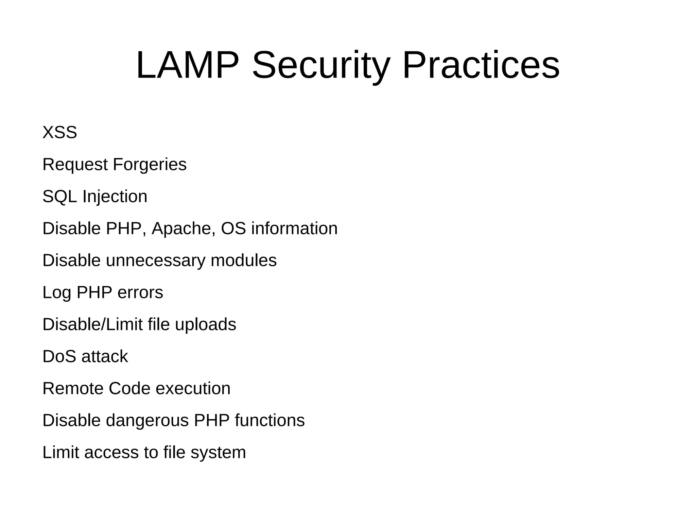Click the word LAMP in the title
tap(187, 65)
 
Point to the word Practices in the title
tap(481, 65)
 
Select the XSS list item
tap(60, 132)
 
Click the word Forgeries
tap(150, 165)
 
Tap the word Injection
tap(115, 197)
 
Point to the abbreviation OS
tap(233, 229)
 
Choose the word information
tap(294, 229)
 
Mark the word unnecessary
tap(156, 260)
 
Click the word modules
tap(244, 260)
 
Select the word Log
tap(57, 293)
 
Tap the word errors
tap(140, 293)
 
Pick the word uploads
tap(206, 325)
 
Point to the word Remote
tap(73, 389)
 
